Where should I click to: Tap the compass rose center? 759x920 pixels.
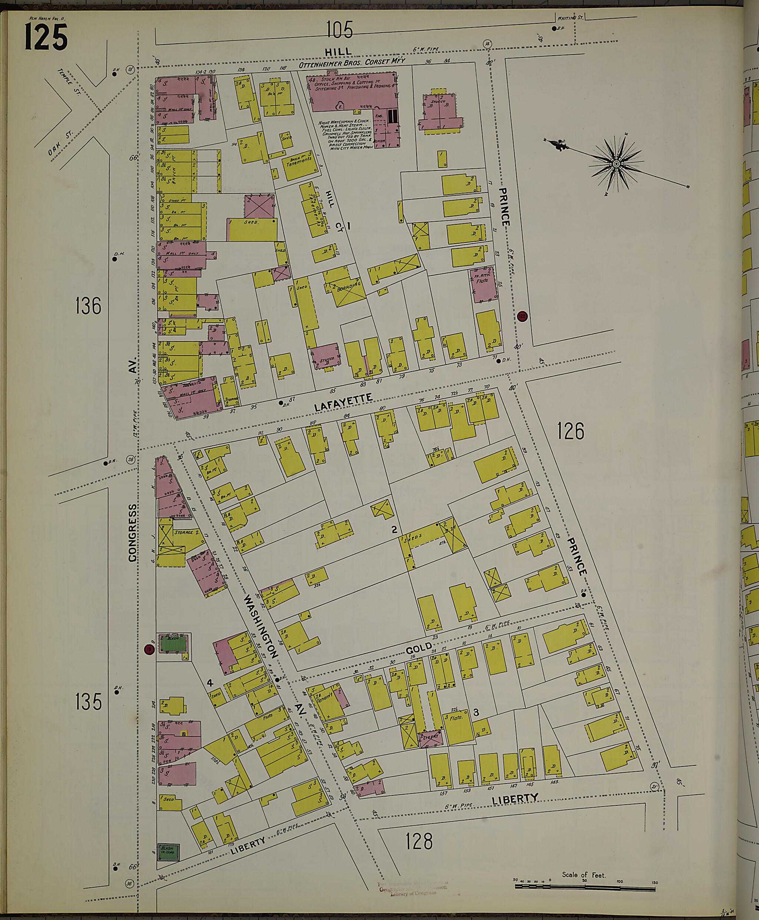(616, 164)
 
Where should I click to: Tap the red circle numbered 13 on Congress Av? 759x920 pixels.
(149, 650)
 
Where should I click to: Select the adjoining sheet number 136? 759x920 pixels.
(88, 305)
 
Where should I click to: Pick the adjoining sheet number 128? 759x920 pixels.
(418, 841)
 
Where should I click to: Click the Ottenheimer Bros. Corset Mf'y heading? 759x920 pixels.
(352, 63)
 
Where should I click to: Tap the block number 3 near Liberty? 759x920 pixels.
(476, 712)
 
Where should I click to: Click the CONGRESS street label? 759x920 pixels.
(132, 532)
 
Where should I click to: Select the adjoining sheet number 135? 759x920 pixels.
(88, 701)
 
